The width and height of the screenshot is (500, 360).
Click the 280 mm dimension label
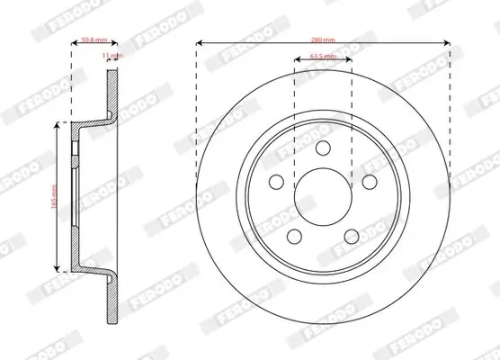(x=323, y=40)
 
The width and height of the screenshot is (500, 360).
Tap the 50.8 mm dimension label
(x=94, y=40)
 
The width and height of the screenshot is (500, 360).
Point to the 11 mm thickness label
(x=111, y=57)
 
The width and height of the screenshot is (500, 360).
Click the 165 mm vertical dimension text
(x=54, y=197)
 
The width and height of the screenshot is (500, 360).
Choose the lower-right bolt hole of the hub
(x=351, y=236)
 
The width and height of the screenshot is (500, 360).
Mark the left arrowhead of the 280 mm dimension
(x=199, y=42)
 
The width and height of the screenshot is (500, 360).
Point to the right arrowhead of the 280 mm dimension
(x=447, y=42)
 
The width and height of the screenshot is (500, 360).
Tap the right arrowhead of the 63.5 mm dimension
(x=350, y=61)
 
